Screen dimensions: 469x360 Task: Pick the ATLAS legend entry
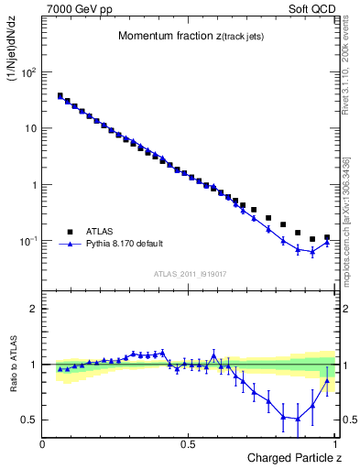pyautogui.click(x=100, y=232)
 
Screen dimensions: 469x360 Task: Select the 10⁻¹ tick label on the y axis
pyautogui.click(x=30, y=241)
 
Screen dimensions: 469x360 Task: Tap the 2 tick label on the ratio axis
pyautogui.click(x=35, y=309)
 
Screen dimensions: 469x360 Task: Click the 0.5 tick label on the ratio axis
pyautogui.click(x=30, y=420)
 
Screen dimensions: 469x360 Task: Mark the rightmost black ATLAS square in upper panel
pyautogui.click(x=327, y=237)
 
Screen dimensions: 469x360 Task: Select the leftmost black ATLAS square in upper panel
pyautogui.click(x=60, y=95)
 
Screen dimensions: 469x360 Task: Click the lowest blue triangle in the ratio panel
pyautogui.click(x=298, y=419)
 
